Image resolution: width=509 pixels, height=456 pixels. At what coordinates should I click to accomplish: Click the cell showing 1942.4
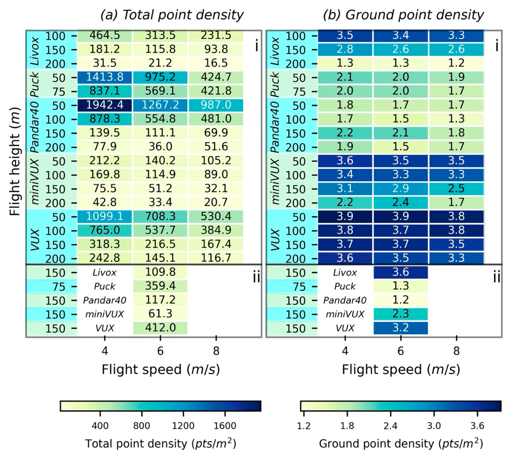[x=105, y=105]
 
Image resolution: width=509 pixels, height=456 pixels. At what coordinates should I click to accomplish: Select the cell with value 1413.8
[x=105, y=77]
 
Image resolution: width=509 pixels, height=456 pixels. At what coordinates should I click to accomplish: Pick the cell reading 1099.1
[x=105, y=216]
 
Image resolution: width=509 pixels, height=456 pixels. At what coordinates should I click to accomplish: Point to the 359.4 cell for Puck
[x=160, y=286]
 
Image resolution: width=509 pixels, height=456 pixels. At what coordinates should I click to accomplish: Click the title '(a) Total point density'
[x=172, y=15]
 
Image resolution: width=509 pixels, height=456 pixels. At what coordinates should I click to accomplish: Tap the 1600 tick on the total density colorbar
[x=225, y=426]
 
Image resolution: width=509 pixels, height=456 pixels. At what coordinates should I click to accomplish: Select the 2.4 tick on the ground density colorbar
[x=391, y=426]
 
